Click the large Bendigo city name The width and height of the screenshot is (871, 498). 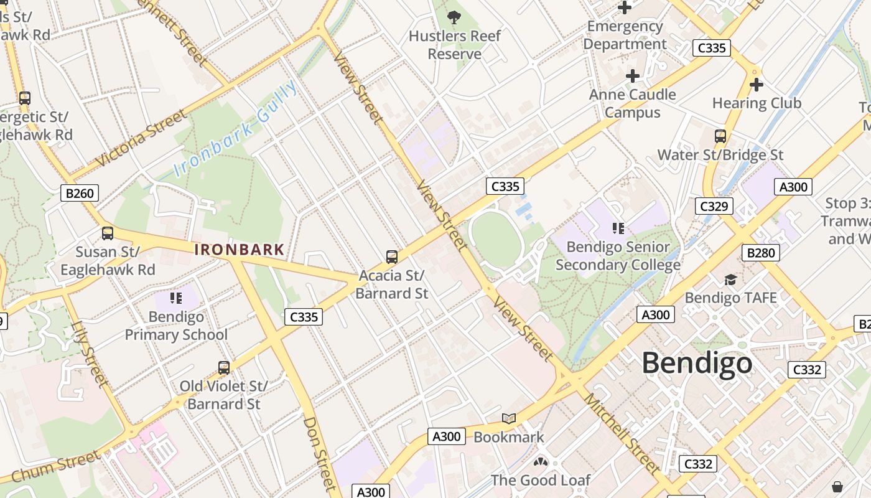pos(697,362)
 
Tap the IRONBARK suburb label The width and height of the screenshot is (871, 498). pos(240,250)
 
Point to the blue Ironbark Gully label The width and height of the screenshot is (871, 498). pos(235,129)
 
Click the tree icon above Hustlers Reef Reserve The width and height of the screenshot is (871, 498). pos(454,17)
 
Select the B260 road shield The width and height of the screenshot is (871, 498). pos(80,193)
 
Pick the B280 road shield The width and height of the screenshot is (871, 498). pos(760,253)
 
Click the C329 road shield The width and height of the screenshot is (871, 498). pos(714,206)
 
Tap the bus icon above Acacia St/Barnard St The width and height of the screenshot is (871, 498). pos(391,256)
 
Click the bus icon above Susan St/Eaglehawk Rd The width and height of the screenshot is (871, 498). pos(108,233)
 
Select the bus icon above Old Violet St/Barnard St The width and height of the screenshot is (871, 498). pos(223,367)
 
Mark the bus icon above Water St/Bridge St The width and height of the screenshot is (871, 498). pos(720,136)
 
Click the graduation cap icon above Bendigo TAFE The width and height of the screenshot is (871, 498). pos(730,280)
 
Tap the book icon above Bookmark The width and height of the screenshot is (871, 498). pos(509,419)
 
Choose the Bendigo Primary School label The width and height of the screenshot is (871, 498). pos(176,326)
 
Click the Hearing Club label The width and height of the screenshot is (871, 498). pos(757,103)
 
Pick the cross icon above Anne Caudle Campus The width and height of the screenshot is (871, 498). pos(633,76)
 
